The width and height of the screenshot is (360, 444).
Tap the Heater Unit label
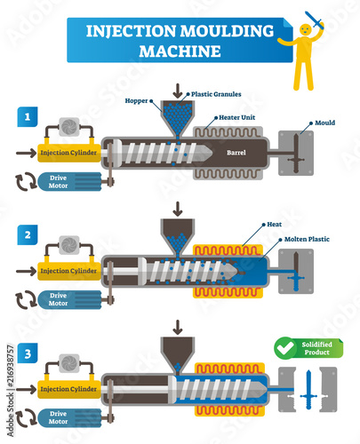pos(233,119)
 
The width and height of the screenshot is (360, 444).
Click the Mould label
pos(324,123)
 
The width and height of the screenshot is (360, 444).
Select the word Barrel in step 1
pos(236,152)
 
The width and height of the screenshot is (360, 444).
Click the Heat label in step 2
pos(275,226)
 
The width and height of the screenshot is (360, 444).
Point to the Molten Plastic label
pos(308,240)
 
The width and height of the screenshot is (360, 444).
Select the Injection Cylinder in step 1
pos(70,152)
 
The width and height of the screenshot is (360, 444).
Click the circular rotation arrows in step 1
pos(26,180)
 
